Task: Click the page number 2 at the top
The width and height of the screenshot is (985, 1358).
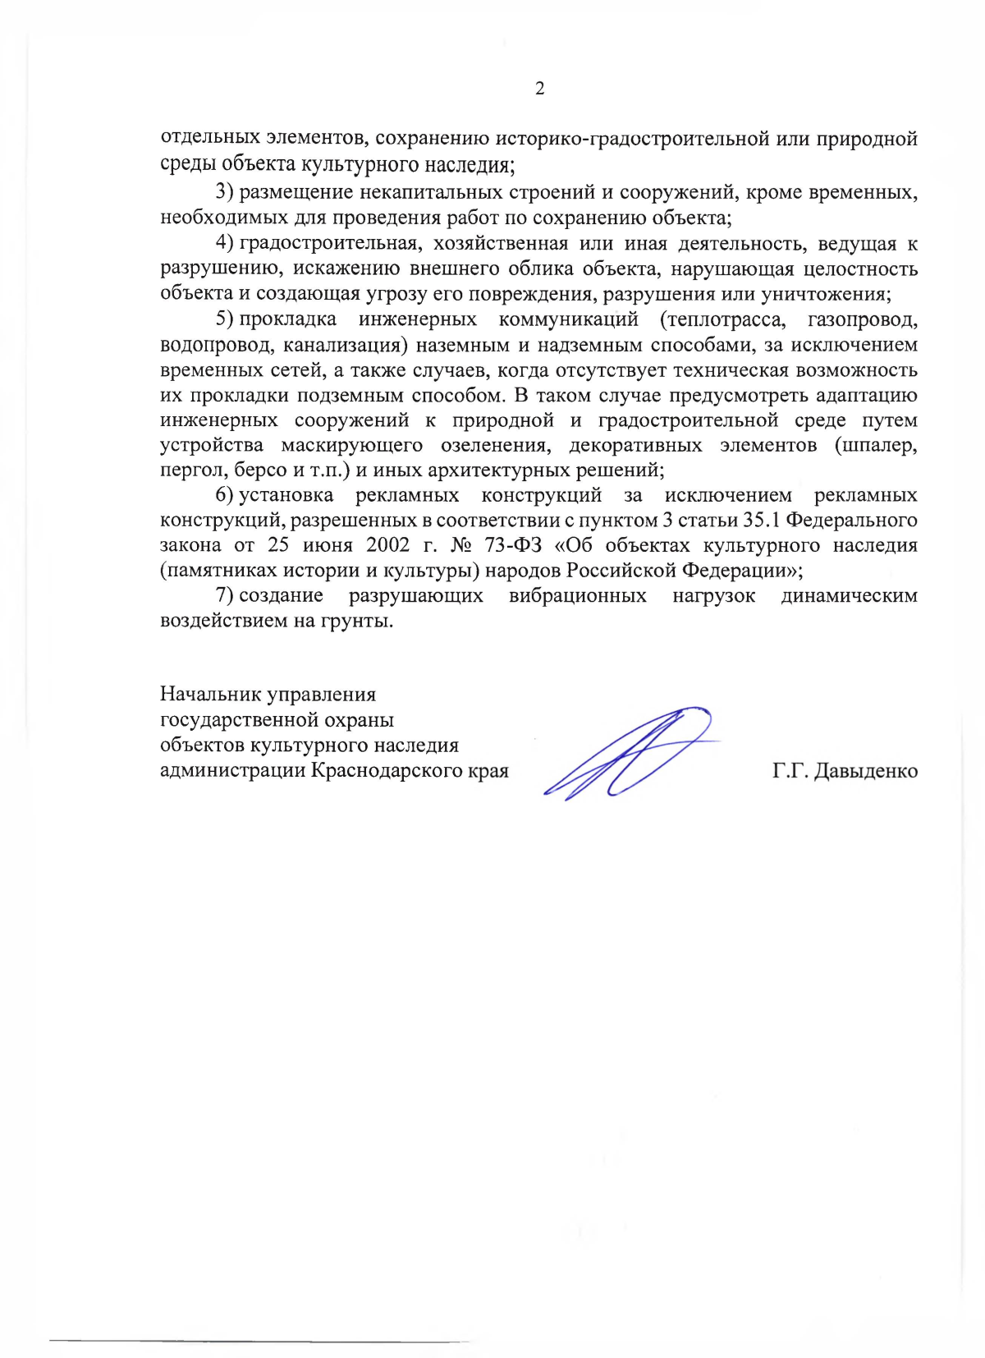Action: click(539, 89)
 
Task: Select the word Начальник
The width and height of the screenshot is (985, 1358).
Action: click(209, 695)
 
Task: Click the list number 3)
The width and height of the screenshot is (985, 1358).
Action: click(225, 192)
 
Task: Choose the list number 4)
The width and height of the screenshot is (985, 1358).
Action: click(225, 243)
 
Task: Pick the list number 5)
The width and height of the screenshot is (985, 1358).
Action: click(225, 319)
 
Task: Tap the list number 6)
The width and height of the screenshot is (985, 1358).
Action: click(225, 495)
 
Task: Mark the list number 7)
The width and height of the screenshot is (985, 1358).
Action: click(225, 595)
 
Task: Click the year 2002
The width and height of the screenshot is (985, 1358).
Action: click(387, 545)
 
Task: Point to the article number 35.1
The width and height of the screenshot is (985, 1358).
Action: click(754, 521)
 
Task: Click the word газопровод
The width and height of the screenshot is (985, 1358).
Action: click(863, 319)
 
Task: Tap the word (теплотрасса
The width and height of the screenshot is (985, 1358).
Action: click(723, 319)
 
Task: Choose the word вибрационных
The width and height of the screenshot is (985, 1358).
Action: click(578, 595)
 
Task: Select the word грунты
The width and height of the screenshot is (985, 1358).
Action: click(361, 621)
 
